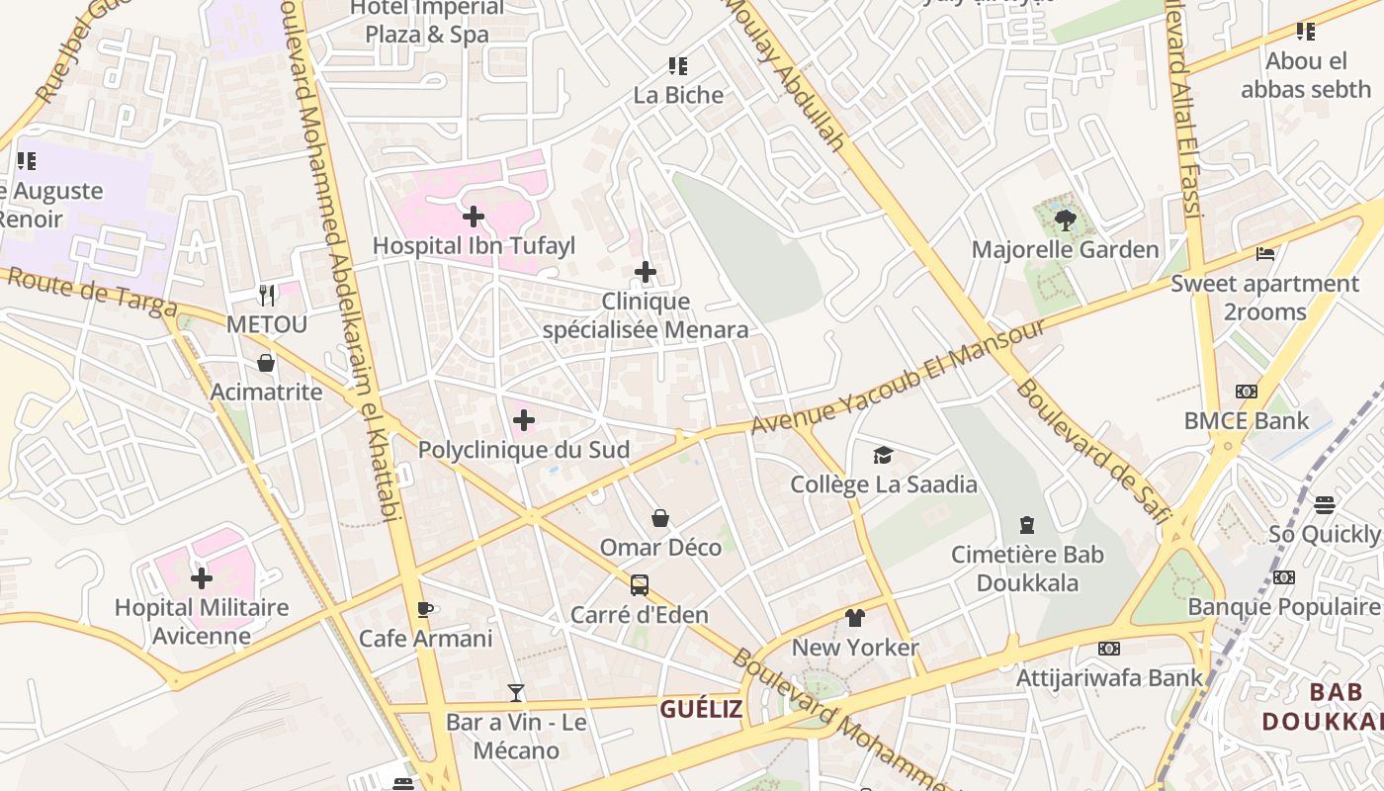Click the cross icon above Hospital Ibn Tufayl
[x=474, y=216]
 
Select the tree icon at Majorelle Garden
[x=1065, y=220]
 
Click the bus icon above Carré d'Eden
[x=640, y=584]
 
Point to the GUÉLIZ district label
[x=701, y=708]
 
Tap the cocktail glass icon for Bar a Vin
[x=515, y=692]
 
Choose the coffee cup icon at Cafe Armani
[x=424, y=609]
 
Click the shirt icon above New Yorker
[x=855, y=618]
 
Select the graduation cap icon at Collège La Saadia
[x=883, y=455]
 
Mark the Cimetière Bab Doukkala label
[x=1027, y=569]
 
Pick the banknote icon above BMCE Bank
[x=1247, y=392]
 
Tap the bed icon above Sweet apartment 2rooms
[x=1264, y=254]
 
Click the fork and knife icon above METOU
[x=266, y=295]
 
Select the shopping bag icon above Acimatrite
[x=266, y=363]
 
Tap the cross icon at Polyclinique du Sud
[x=524, y=420]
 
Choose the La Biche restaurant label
[x=678, y=95]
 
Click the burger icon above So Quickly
[x=1325, y=505]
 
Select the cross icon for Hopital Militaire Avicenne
[x=202, y=577]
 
